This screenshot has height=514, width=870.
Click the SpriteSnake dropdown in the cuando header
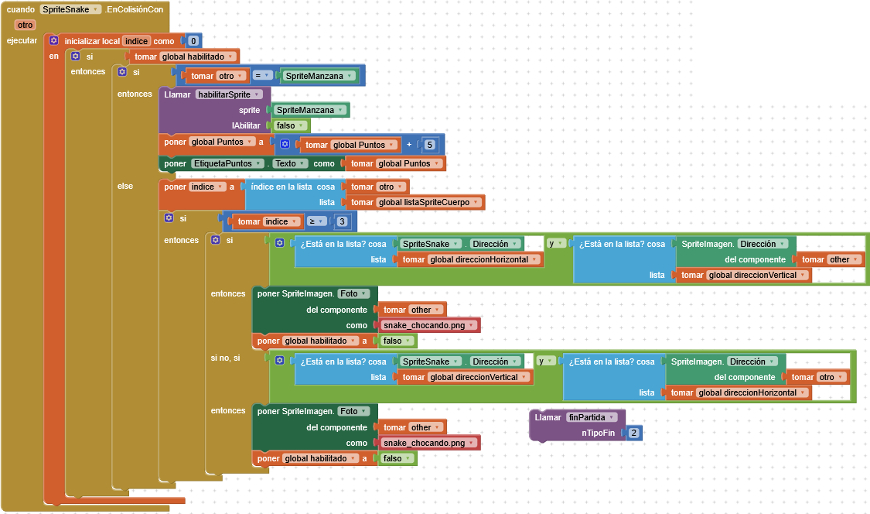(x=70, y=9)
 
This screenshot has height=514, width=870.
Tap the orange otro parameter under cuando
(x=25, y=25)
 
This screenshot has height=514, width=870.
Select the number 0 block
(x=193, y=40)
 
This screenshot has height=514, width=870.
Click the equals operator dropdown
(x=262, y=76)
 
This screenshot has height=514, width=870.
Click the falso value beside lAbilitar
(x=290, y=125)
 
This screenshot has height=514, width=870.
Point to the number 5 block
(x=429, y=145)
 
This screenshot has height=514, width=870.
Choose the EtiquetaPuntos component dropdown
(x=227, y=163)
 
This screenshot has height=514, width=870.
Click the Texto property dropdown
(x=290, y=163)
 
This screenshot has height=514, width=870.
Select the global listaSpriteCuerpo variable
(x=428, y=202)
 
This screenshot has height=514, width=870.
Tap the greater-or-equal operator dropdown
(x=316, y=221)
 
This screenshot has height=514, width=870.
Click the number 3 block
(x=342, y=221)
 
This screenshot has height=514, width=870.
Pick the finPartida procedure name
(x=592, y=417)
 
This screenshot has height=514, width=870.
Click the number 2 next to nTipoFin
(x=633, y=433)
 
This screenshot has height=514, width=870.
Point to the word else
(x=125, y=186)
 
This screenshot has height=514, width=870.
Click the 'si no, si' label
(x=225, y=358)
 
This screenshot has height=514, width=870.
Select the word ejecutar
(x=22, y=40)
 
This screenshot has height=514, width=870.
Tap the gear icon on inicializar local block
(x=54, y=40)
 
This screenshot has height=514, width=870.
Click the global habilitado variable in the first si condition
(x=197, y=57)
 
